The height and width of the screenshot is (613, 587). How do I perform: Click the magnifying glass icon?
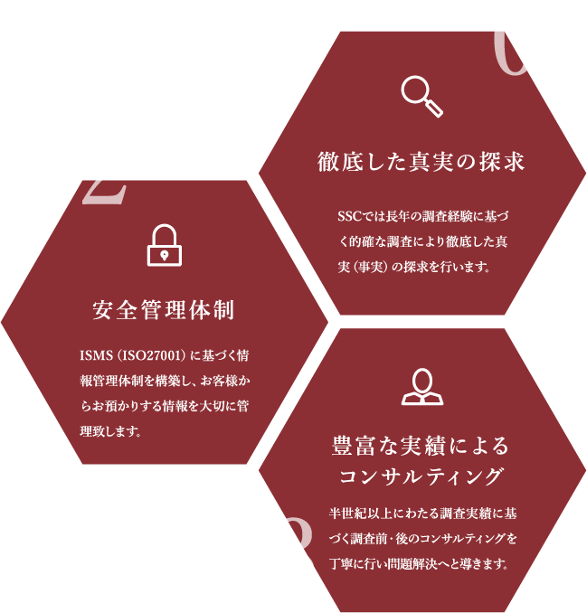pyautogui.click(x=421, y=96)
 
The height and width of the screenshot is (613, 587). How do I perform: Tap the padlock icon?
pyautogui.click(x=164, y=245)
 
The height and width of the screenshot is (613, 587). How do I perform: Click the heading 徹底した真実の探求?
pyautogui.click(x=421, y=163)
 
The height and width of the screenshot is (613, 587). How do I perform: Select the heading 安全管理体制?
pyautogui.click(x=164, y=311)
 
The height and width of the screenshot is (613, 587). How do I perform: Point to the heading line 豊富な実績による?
pyautogui.click(x=421, y=446)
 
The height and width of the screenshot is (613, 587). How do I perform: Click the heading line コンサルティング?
pyautogui.click(x=421, y=476)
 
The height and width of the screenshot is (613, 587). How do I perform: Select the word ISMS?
pyautogui.click(x=97, y=354)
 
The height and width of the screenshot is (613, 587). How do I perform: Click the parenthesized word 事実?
pyautogui.click(x=372, y=268)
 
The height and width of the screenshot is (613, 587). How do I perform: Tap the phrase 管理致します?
pyautogui.click(x=118, y=430)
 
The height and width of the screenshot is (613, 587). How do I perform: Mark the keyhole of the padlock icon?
pyautogui.click(x=164, y=255)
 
